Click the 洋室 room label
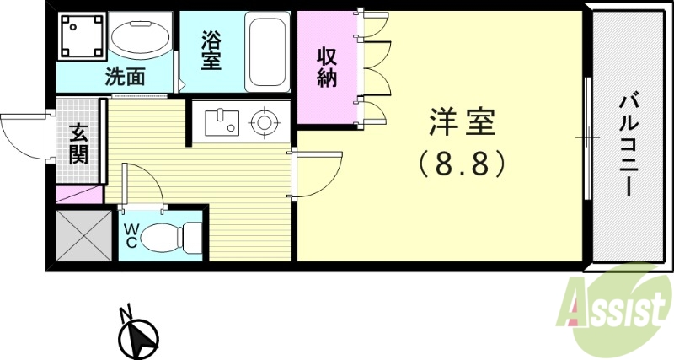[x=462, y=124]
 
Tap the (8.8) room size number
[x=462, y=162]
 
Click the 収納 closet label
[x=327, y=67]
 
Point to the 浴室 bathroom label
[x=211, y=49]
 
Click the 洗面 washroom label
[x=124, y=77]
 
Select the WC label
[x=131, y=234]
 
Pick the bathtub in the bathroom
[x=268, y=51]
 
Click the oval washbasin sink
[x=138, y=38]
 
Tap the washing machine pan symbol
[x=80, y=37]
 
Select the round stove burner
[x=265, y=123]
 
